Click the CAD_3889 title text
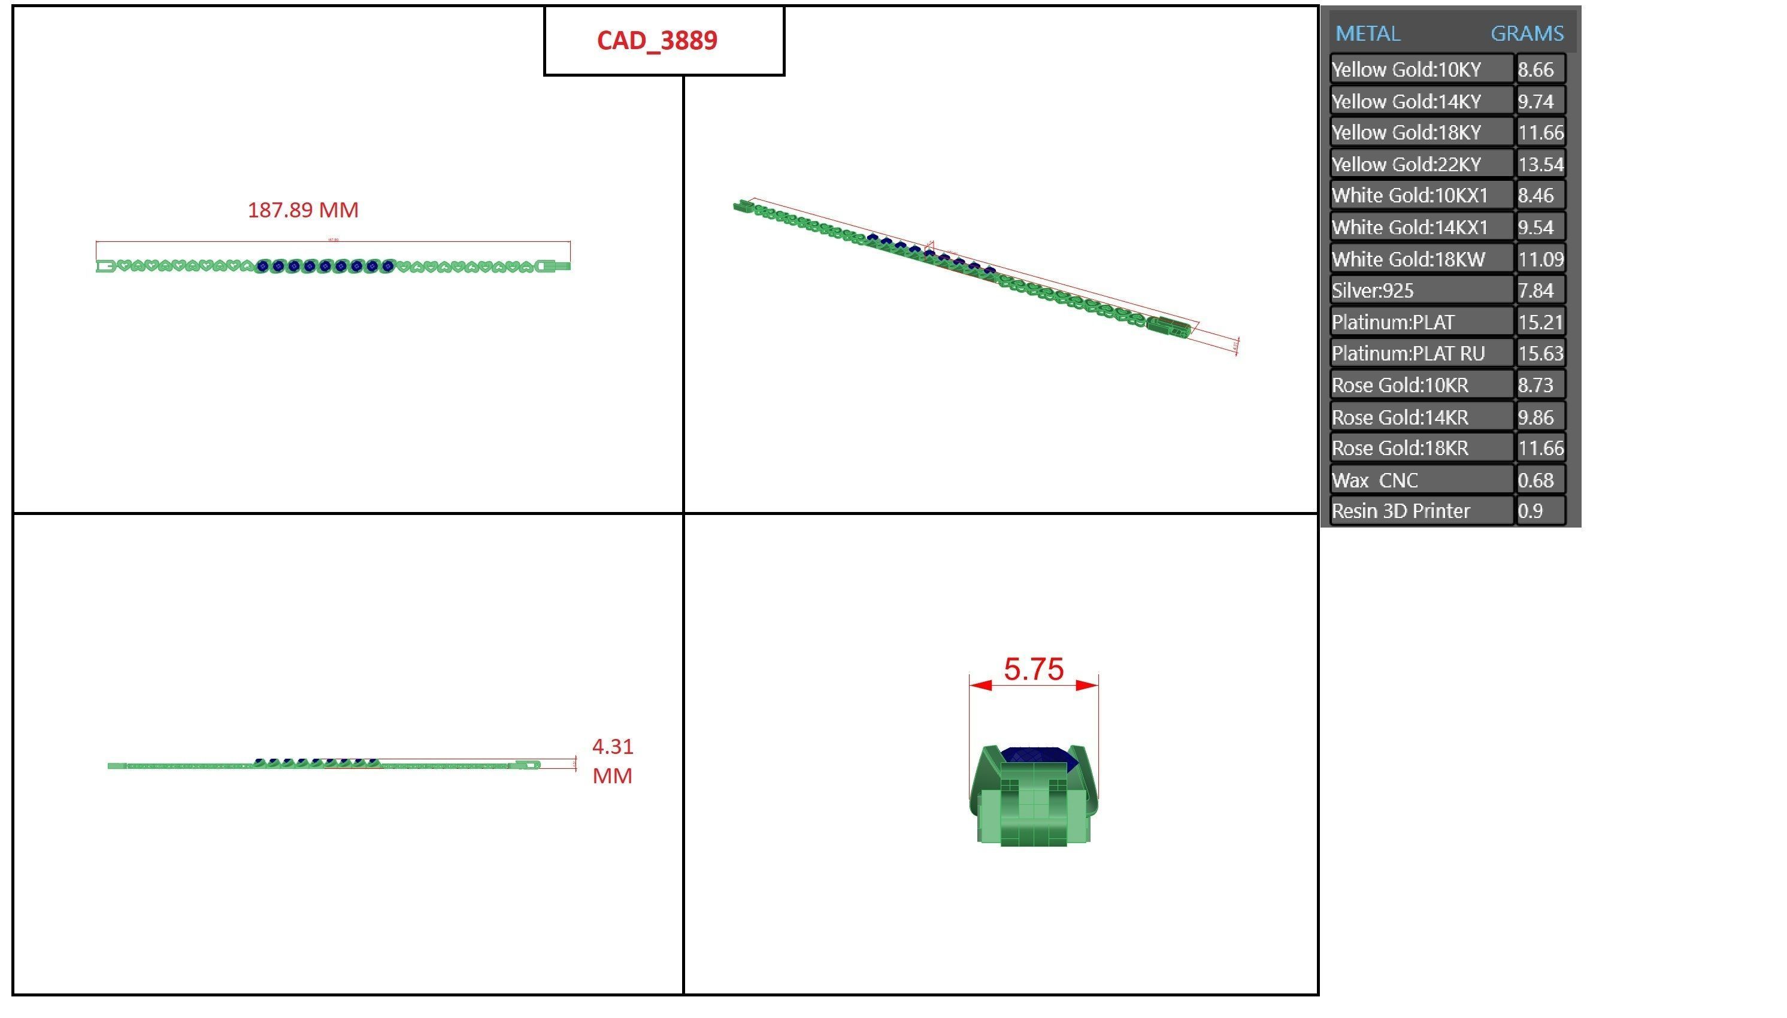click(x=656, y=41)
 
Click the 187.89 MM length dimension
click(x=303, y=210)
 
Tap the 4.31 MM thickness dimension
click(x=612, y=761)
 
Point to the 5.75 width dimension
click(x=1033, y=669)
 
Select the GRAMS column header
click(x=1526, y=34)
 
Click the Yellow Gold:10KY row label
click(x=1406, y=70)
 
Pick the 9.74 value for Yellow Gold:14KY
click(x=1535, y=101)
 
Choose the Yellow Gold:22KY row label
click(x=1406, y=164)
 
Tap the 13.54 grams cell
click(x=1540, y=164)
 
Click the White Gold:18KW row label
click(x=1408, y=259)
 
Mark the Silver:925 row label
click(x=1373, y=290)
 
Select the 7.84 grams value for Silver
click(x=1535, y=290)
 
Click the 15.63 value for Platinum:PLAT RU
click(x=1540, y=354)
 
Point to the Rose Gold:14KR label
click(x=1400, y=417)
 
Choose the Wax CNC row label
click(x=1374, y=480)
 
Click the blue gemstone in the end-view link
click(x=1035, y=756)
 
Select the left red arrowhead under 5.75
click(x=980, y=685)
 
